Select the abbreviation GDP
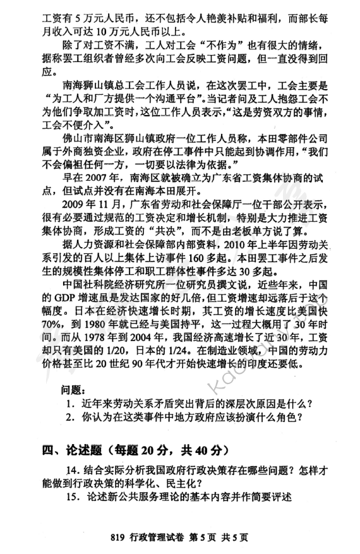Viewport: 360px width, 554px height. [x=54, y=296]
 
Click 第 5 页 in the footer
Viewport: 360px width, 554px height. [x=205, y=537]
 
